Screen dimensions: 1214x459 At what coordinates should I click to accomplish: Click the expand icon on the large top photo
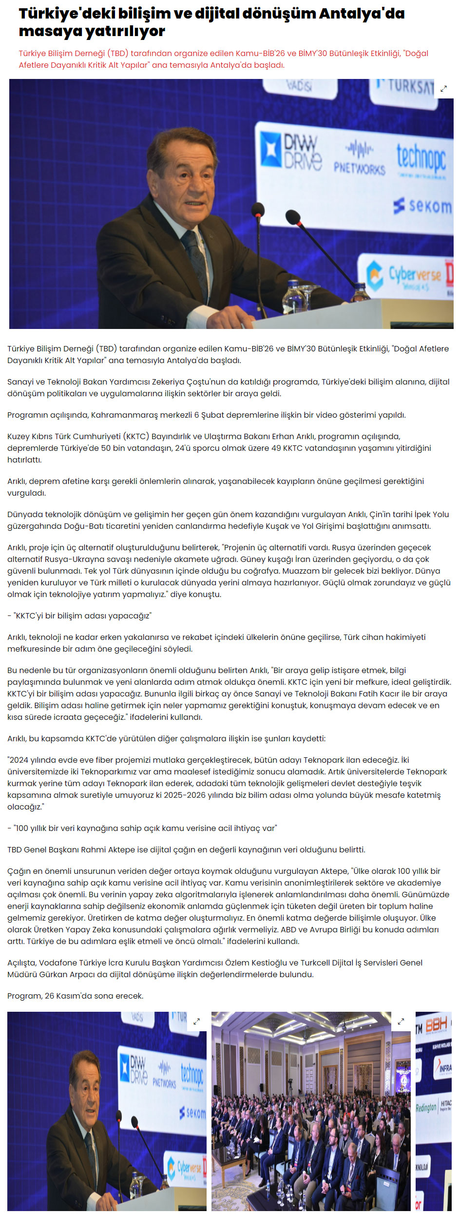click(443, 89)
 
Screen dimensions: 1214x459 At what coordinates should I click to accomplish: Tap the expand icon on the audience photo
click(401, 1021)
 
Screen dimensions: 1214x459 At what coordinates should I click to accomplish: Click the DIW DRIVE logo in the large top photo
click(291, 151)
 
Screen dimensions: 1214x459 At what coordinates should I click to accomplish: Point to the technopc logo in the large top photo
click(421, 158)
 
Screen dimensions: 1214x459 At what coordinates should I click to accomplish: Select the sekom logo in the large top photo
click(422, 206)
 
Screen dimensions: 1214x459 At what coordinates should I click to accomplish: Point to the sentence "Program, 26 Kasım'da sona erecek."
click(76, 996)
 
